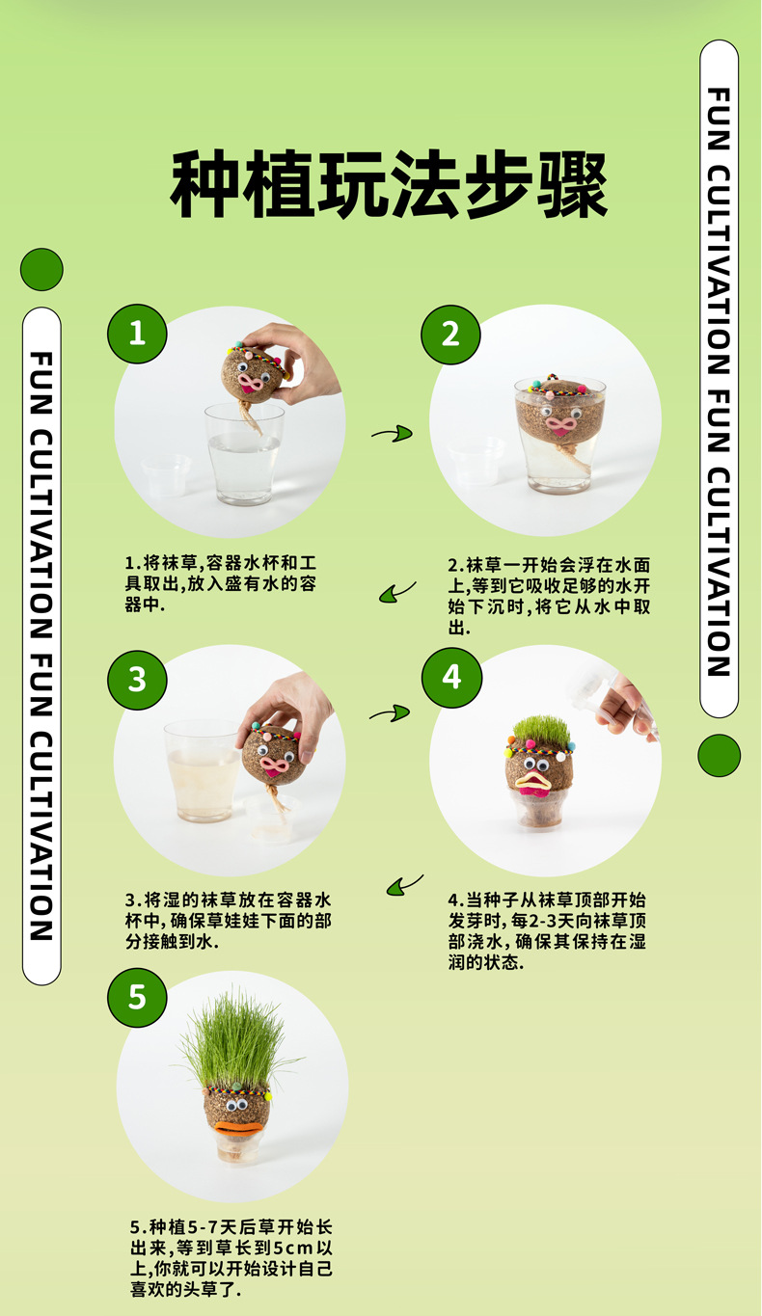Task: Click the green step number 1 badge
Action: click(137, 334)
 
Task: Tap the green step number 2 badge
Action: click(450, 335)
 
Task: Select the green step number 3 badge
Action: click(137, 679)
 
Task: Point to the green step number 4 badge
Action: click(451, 678)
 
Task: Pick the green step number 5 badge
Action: click(137, 996)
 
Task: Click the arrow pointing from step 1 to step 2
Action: click(392, 435)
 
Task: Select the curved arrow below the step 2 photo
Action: click(397, 592)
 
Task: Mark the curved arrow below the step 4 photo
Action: click(405, 884)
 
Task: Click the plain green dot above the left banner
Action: click(41, 269)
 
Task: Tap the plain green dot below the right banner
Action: click(719, 756)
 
